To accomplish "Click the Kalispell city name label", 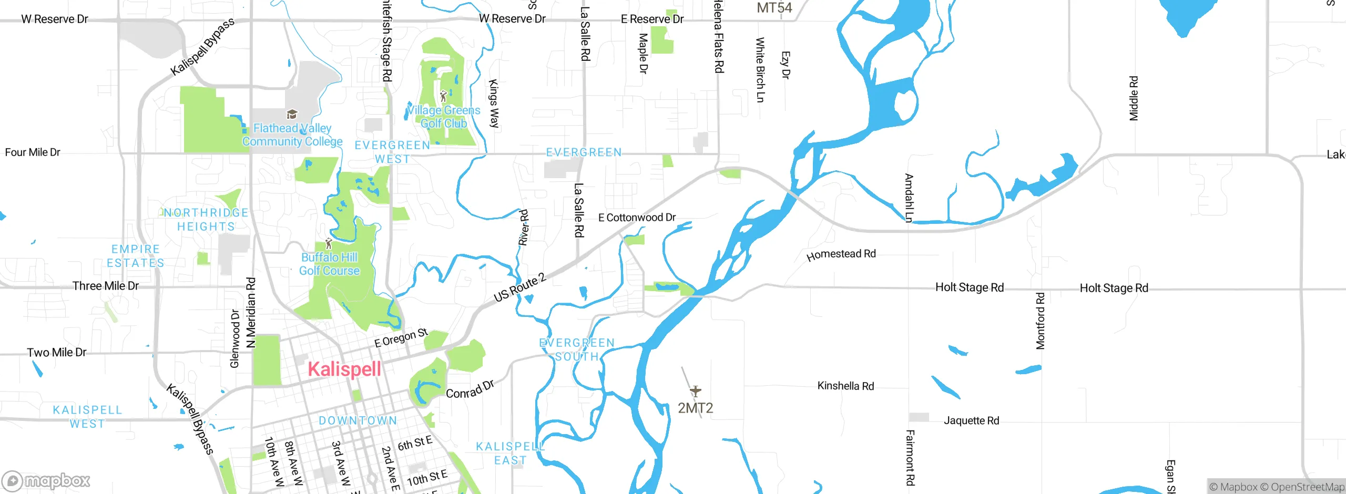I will [344, 369].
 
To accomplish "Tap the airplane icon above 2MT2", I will [695, 391].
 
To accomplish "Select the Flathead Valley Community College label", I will [292, 135].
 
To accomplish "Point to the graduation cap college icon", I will [292, 114].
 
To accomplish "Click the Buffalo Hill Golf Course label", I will [330, 264].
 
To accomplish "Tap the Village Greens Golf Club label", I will [444, 117].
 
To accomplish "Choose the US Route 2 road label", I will [519, 288].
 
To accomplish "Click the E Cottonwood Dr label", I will [637, 218].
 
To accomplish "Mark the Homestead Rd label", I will [841, 254].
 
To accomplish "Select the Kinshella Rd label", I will [845, 386].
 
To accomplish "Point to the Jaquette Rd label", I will [971, 420].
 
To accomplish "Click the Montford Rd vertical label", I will [1041, 321].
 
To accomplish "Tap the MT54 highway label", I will [774, 8].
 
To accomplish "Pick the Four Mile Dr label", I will [33, 152].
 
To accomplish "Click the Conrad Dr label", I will [470, 389].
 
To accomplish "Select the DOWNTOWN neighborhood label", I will [358, 420].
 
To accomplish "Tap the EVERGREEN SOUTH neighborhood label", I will [577, 349].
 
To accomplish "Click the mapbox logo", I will [46, 480].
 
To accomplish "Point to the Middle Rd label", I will [1134, 98].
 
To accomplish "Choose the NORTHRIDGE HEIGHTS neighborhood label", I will [206, 220].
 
